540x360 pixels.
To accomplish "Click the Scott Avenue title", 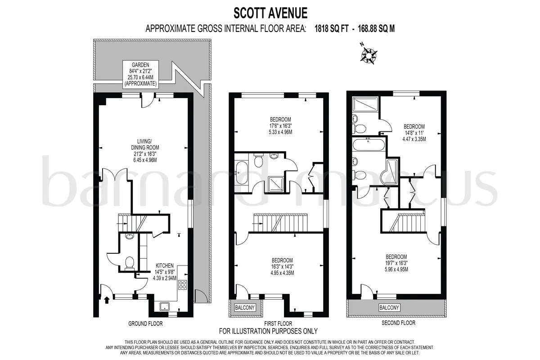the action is tap(270, 13).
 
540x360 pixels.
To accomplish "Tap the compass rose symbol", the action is tap(369, 56).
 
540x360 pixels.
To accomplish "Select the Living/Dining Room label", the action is tap(145, 150).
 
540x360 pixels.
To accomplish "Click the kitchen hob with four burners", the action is tap(183, 285).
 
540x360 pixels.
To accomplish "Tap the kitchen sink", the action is tap(165, 307).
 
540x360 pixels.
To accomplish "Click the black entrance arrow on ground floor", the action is tap(107, 300).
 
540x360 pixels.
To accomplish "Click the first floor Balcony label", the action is tap(245, 307).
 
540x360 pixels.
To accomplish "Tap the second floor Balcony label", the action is tap(389, 307).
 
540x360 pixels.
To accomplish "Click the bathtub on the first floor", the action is tap(242, 173).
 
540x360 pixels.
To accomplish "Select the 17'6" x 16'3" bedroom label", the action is tap(280, 126).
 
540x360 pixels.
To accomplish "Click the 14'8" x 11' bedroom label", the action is tap(414, 133).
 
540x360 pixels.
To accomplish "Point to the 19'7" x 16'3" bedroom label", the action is tap(396, 263).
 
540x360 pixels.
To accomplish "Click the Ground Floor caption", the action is tap(145, 324).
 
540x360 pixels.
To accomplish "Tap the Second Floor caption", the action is tap(399, 323).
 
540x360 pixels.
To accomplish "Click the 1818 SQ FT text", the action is tap(332, 29).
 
